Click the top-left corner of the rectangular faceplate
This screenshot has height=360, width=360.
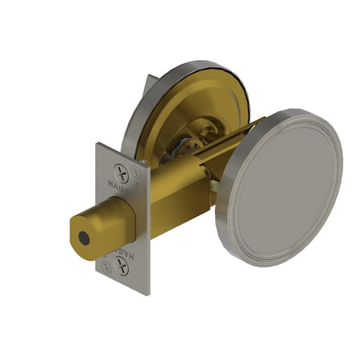(98, 145)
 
